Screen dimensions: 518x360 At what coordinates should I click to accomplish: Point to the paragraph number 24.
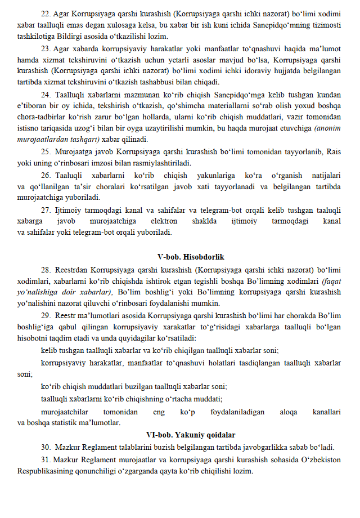pyautogui.click(x=47, y=95)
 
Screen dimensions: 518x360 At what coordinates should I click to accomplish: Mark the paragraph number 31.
pyautogui.click(x=47, y=460)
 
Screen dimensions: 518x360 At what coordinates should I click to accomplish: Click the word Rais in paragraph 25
pyautogui.click(x=333, y=151)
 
